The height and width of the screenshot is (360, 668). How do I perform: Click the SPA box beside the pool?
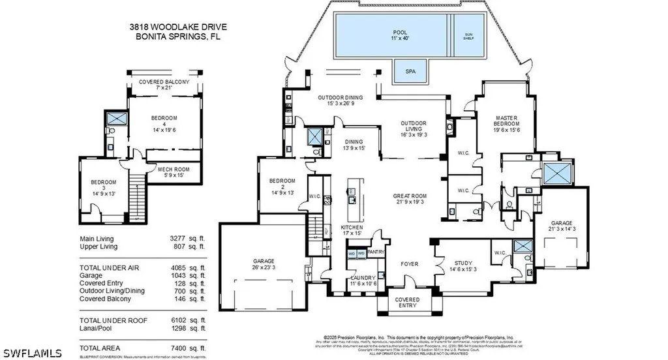click(x=410, y=71)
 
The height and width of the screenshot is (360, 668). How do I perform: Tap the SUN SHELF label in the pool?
click(x=468, y=36)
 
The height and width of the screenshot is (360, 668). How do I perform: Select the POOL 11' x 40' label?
click(x=400, y=35)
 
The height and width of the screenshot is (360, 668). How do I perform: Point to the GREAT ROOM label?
click(x=409, y=199)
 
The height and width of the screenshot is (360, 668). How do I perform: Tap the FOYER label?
click(x=409, y=264)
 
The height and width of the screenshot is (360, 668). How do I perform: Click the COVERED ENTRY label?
click(x=409, y=303)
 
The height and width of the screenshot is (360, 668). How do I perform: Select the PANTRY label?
click(x=376, y=251)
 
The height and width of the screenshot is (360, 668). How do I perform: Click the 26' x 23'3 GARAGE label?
click(x=264, y=264)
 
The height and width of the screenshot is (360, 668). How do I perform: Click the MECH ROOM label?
click(x=174, y=172)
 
